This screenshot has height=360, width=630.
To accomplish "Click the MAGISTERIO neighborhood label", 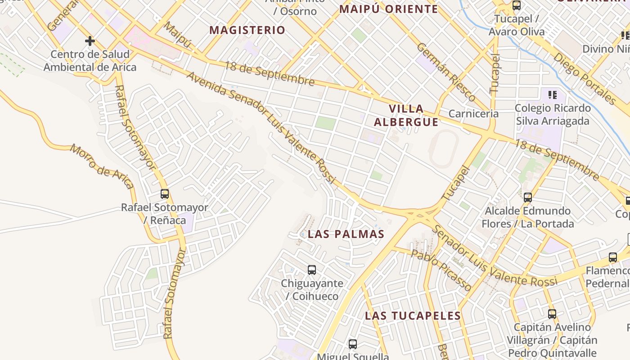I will (x=247, y=30).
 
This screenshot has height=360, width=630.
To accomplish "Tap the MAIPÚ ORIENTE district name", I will (x=389, y=9).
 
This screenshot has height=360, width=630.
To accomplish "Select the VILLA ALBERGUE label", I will (x=406, y=115).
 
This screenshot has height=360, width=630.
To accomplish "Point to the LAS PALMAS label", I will (x=346, y=234).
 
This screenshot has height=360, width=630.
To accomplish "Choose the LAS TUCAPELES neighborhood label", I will (x=413, y=315).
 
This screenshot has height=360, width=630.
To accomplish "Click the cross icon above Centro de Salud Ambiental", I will (x=90, y=41).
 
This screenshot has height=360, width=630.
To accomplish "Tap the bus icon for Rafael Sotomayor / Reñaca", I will (x=165, y=194).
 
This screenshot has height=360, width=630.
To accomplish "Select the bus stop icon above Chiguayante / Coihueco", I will (x=312, y=270).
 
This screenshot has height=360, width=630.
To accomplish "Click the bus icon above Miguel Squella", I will (x=353, y=344).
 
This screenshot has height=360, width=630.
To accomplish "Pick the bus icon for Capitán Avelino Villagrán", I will (x=552, y=314).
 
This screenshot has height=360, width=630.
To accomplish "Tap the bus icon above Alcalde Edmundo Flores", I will (x=528, y=197).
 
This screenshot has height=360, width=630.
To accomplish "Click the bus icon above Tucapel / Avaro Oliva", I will (x=517, y=6).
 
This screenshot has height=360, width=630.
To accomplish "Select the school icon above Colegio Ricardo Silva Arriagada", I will (x=553, y=95).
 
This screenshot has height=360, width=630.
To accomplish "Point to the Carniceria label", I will (x=473, y=113).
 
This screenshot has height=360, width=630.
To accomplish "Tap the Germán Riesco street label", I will (x=445, y=72).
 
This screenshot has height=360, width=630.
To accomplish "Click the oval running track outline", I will (x=443, y=149).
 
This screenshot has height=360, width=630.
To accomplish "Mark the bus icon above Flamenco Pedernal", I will (x=613, y=257).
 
